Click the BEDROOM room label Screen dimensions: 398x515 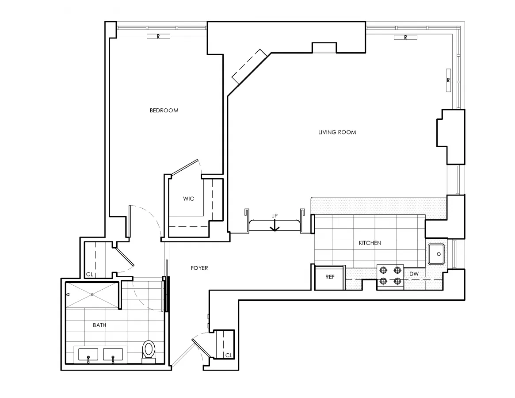point(164,111)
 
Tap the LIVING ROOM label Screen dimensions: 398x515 point(337,132)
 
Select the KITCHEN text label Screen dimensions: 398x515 point(370,243)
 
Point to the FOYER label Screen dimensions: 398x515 point(199,268)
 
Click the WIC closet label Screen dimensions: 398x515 point(188,199)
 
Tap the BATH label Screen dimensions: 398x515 point(99,325)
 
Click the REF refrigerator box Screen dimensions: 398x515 point(330,278)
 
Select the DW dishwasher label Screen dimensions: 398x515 point(414,274)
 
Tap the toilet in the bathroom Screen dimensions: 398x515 point(149,350)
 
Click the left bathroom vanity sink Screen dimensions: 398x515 point(88,355)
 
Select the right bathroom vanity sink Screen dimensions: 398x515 point(113,355)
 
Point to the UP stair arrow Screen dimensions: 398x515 point(275,225)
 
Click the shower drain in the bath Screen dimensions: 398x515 point(92,295)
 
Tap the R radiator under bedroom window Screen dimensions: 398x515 point(158,37)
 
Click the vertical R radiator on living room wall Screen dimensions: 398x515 point(448,80)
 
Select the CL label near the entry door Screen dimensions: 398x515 point(229,355)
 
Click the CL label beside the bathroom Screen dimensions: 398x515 point(89,275)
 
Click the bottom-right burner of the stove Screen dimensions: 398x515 point(397,281)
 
